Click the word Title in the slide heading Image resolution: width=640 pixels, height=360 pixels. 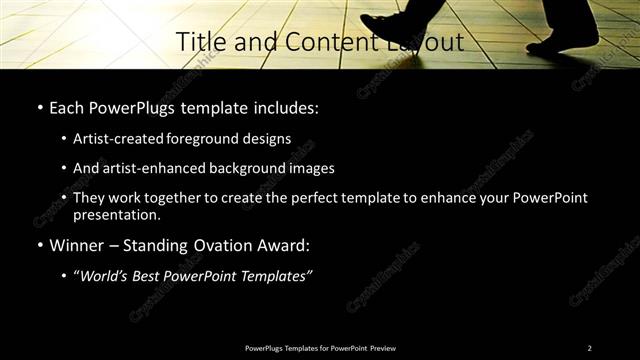(198, 42)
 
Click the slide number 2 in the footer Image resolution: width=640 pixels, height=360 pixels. (589, 347)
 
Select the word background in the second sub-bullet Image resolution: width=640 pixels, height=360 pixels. (242, 168)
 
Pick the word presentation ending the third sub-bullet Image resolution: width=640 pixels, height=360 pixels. (116, 214)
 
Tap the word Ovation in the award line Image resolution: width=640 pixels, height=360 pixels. (214, 244)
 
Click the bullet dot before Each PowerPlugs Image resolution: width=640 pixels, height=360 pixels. (39, 107)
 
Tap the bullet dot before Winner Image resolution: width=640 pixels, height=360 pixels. (39, 244)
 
